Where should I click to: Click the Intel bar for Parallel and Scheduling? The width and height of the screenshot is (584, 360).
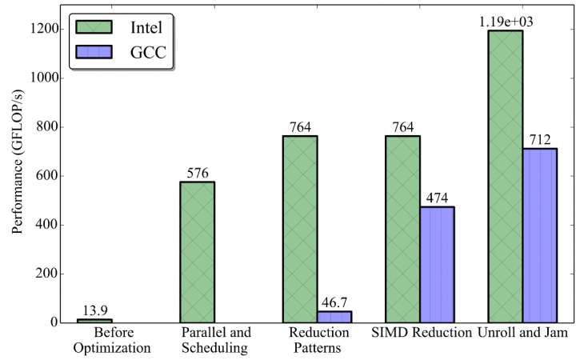click(x=197, y=252)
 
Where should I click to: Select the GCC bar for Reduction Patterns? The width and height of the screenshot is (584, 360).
click(x=334, y=317)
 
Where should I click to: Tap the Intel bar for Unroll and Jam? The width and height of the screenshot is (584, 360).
click(x=506, y=176)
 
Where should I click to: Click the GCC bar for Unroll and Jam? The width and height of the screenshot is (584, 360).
click(x=540, y=235)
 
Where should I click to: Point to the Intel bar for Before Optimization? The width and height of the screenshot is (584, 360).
click(x=94, y=321)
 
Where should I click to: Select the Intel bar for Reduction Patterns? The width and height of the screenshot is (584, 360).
click(x=300, y=229)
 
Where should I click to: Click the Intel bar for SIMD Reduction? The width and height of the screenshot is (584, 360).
click(x=402, y=229)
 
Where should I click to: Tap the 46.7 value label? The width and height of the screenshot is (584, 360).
click(x=334, y=303)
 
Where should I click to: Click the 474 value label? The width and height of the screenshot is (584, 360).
click(x=437, y=198)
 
